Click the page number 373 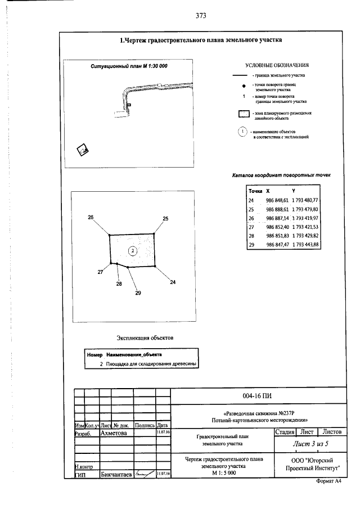[x=201, y=16]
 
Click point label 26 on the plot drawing [x=91, y=217]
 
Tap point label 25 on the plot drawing [x=165, y=218]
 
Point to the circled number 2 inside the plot [x=132, y=250]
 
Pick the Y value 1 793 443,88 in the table [x=305, y=245]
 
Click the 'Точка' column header [x=255, y=191]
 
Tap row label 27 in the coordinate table [x=251, y=227]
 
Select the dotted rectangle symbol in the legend [x=244, y=115]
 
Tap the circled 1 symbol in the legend [x=242, y=132]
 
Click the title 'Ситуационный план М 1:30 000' [x=129, y=66]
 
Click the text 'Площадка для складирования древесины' [x=150, y=364]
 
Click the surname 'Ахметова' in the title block [x=114, y=434]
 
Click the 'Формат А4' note [x=329, y=482]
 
